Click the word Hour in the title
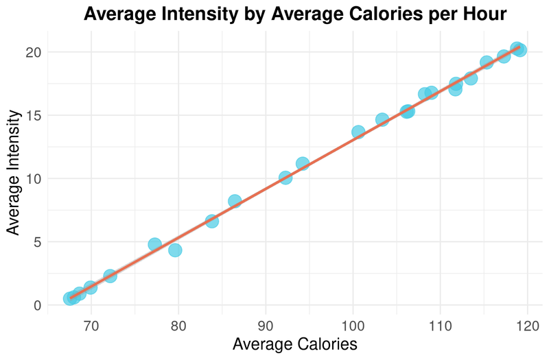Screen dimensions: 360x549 [x=483, y=13]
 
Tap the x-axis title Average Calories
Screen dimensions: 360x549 [x=295, y=344]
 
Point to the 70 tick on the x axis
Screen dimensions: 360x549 [x=91, y=323]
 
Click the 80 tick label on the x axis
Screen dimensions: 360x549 [x=178, y=323]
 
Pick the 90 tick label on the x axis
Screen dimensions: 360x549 [x=266, y=323]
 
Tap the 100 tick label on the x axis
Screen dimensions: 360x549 [x=353, y=323]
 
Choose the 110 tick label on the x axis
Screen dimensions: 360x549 [x=440, y=323]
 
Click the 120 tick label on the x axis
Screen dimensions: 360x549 [x=527, y=323]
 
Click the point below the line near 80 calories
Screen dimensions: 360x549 [x=175, y=250]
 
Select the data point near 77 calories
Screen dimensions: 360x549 [x=155, y=245]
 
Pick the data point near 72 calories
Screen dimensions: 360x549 [x=110, y=276]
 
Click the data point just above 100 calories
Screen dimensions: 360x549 [x=358, y=132]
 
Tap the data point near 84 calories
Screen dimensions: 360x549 [x=212, y=221]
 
